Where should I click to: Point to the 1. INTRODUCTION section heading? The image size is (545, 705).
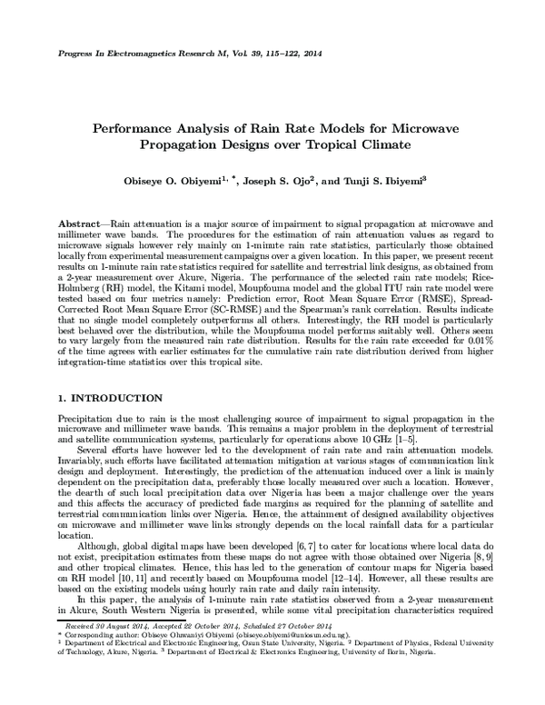click(104, 399)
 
